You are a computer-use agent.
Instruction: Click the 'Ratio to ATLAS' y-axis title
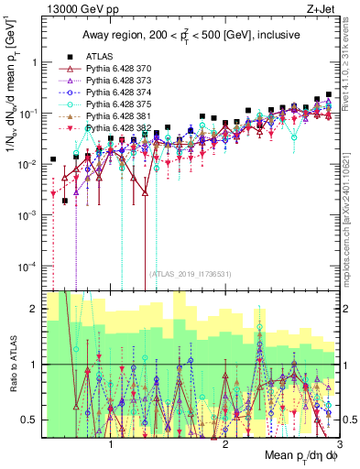12,365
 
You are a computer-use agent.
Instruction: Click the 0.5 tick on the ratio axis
34,420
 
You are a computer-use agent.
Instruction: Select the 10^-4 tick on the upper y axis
29,266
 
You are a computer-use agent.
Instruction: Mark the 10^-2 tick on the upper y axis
29,164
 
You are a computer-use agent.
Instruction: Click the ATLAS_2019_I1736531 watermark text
191,274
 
